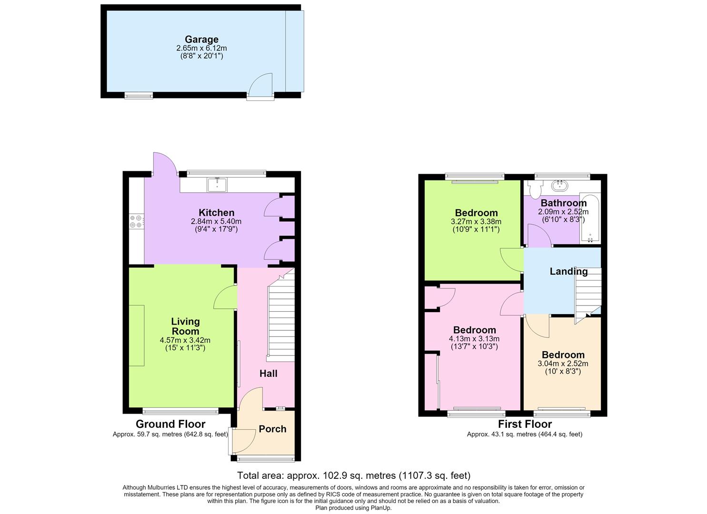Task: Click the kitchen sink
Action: coord(217,185)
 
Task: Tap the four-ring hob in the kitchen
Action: coord(136,221)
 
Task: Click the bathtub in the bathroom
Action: coord(590,218)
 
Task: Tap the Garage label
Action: coord(201,40)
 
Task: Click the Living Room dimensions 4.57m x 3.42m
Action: coord(185,340)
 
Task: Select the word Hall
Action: coord(269,374)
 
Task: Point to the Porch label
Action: coord(272,429)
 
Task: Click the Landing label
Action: coord(568,271)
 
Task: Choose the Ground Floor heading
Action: coord(170,424)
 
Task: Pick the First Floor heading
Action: coord(525,424)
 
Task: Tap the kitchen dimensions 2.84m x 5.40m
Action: coord(216,221)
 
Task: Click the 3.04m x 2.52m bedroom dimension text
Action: coord(563,364)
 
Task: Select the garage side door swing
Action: coord(261,85)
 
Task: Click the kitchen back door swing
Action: coord(165,164)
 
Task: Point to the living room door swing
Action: coord(225,297)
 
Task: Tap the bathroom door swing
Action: coord(539,235)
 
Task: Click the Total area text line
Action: coord(353,475)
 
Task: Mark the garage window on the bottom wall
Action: coord(139,96)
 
